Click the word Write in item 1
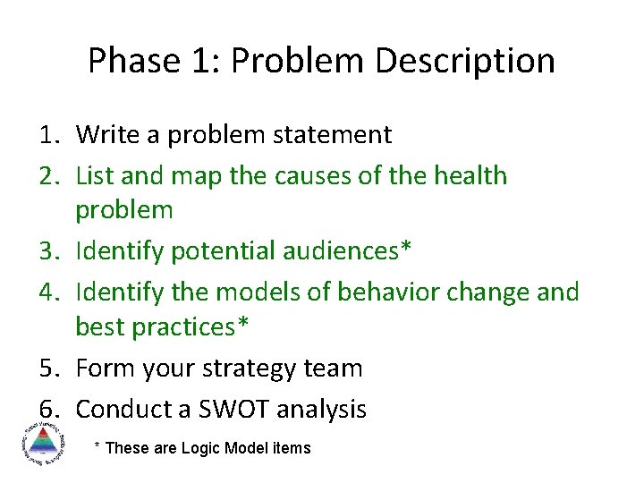point(106,135)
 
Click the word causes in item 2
point(311,175)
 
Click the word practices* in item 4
point(191,327)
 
